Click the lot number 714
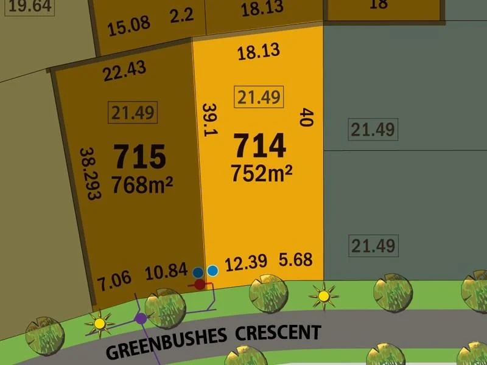point(259,147)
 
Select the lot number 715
point(140,157)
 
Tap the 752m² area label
point(261,173)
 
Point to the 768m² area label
point(142,184)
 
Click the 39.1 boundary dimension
point(209,120)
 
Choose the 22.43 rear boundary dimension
point(125,72)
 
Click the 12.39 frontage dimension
point(246,263)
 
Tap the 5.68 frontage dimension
point(296,260)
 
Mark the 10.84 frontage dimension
point(166,271)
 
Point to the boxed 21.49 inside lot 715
point(132,112)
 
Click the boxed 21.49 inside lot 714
point(259,97)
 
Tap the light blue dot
point(212,271)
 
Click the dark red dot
point(200,283)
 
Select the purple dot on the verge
point(141,318)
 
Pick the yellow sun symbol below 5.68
point(323,296)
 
